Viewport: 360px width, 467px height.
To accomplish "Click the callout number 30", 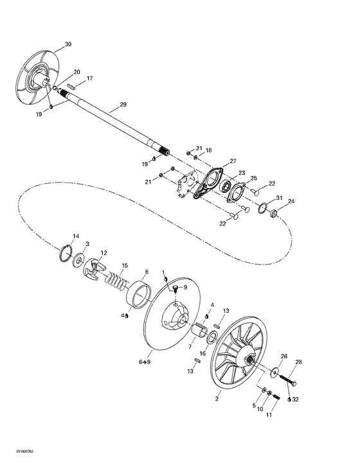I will click(68, 44).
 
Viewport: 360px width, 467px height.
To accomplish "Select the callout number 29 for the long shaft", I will click(123, 104).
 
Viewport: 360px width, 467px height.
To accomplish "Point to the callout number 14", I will click(75, 236).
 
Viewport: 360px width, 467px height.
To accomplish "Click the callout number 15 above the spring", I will click(125, 265).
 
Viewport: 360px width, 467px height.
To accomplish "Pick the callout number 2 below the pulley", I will click(217, 399).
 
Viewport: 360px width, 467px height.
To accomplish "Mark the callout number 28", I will click(298, 363).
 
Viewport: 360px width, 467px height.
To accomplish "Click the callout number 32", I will click(296, 399).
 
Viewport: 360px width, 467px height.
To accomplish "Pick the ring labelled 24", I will click(273, 213).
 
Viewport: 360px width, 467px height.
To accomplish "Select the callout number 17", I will click(89, 78).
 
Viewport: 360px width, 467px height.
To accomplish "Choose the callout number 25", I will click(253, 178).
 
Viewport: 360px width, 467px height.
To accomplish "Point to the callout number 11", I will click(269, 416).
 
